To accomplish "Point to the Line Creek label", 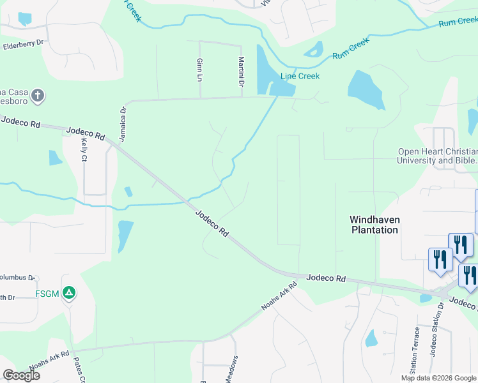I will (300, 76).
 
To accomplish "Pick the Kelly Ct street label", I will (84, 151).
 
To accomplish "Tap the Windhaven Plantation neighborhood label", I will (374, 224).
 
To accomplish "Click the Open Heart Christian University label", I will (437, 156).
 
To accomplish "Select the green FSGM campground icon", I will (69, 294).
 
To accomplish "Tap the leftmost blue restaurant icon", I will (440, 259).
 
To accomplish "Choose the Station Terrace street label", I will (417, 350).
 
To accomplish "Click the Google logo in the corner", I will (21, 375).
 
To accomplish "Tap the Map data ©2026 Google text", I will (438, 378).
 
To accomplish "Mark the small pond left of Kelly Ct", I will (56, 158).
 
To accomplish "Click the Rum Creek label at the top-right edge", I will (458, 22).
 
